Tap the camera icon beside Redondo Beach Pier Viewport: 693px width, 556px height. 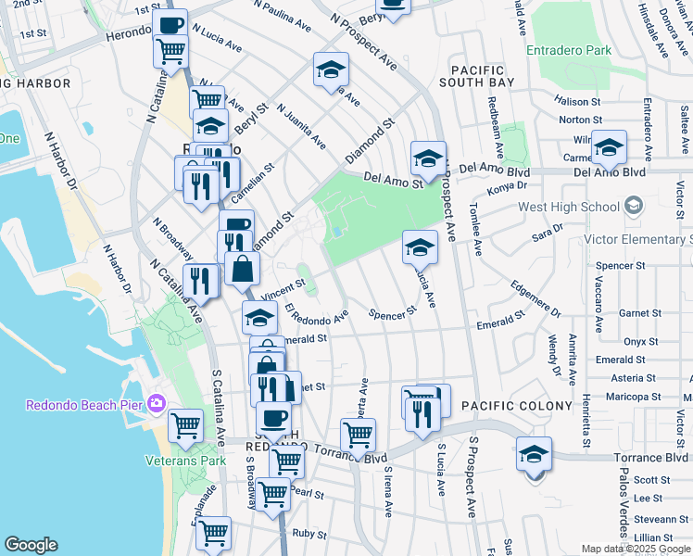156,404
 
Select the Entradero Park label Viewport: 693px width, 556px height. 569,51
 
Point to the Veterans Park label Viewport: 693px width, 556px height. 185,461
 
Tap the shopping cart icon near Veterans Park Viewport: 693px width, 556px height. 186,425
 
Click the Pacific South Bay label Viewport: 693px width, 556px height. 477,77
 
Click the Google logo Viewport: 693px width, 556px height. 31,545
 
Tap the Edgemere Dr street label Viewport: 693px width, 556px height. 535,299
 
